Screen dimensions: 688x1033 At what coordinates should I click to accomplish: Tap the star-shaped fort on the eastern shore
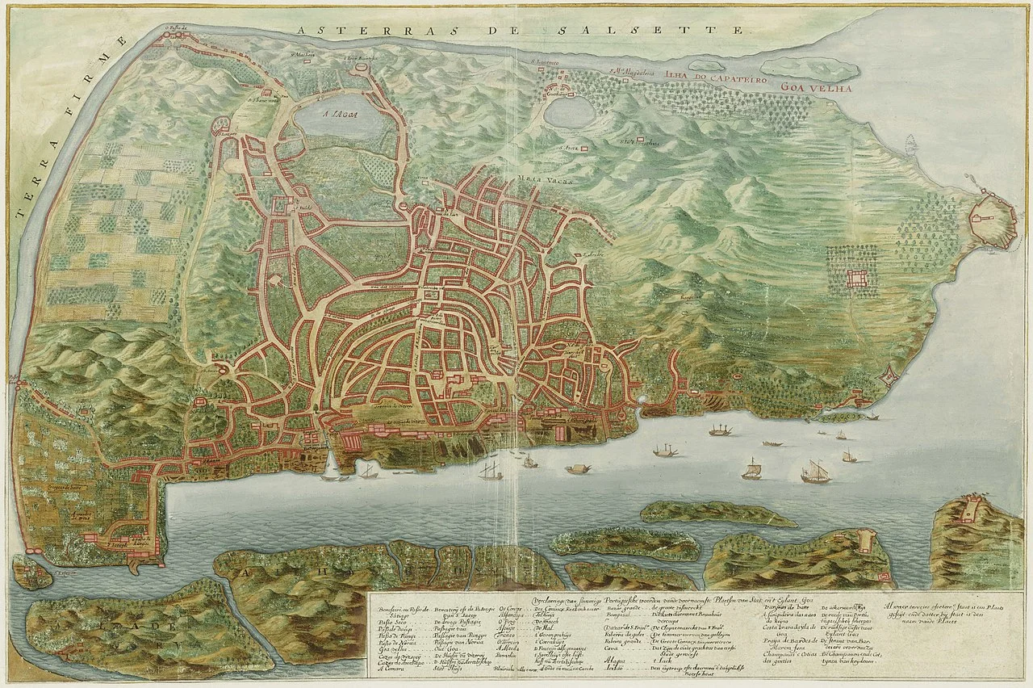click(889, 375)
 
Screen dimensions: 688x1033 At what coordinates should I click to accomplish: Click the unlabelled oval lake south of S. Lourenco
click(569, 111)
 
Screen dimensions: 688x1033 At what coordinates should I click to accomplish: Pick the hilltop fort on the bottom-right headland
click(972, 510)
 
